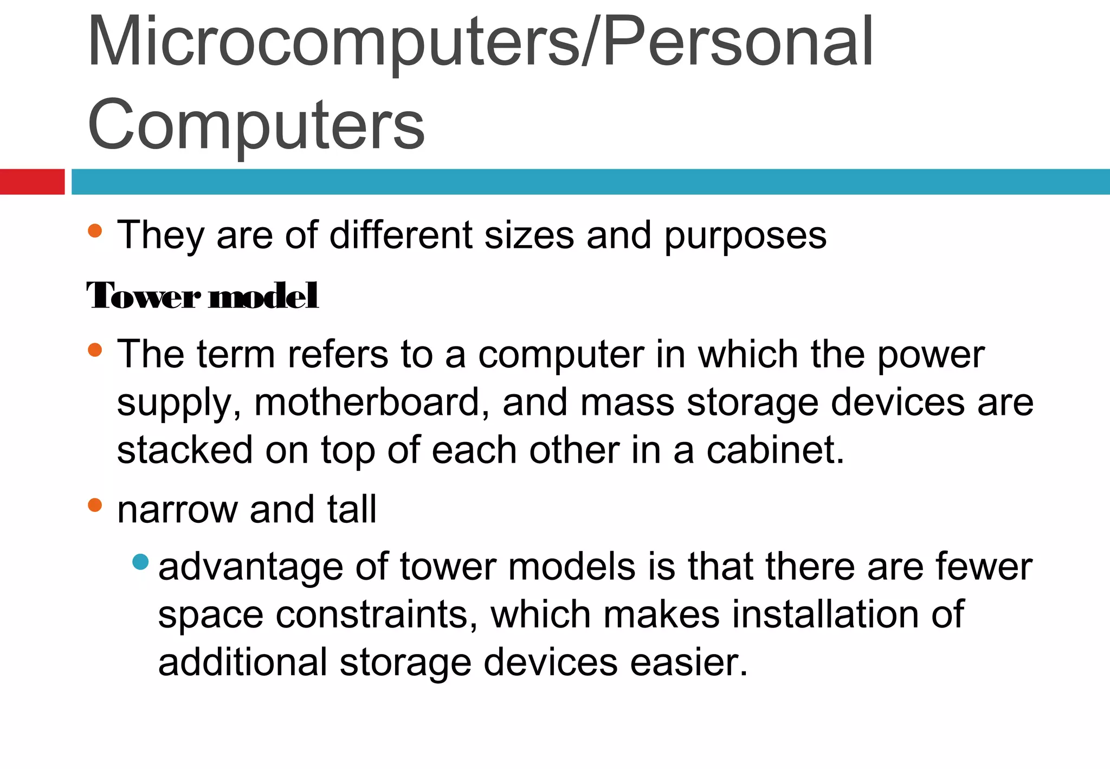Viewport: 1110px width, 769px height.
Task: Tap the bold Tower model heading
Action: click(203, 296)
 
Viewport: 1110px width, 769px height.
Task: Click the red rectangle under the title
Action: click(32, 182)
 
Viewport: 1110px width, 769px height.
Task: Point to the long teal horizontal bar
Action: click(590, 182)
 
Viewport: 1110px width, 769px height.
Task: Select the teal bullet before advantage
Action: click(140, 562)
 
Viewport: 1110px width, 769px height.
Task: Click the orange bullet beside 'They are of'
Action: click(95, 230)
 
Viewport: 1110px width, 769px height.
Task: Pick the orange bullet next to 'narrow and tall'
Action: click(95, 505)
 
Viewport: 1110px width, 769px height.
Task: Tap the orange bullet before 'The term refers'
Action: click(95, 350)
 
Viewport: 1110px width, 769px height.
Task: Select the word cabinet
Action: click(775, 450)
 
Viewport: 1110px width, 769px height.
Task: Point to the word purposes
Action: click(745, 236)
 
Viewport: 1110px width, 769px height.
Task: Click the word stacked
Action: click(185, 450)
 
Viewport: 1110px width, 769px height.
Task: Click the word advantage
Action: click(250, 568)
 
